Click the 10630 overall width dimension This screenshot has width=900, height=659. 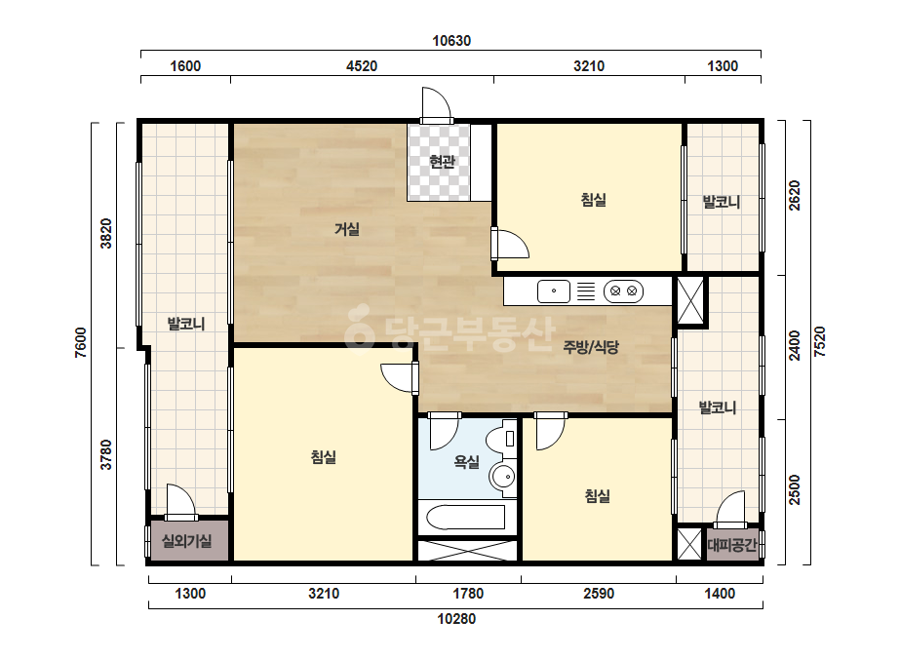(x=451, y=41)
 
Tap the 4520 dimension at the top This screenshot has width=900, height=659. (x=362, y=66)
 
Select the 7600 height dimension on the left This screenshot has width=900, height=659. (x=81, y=343)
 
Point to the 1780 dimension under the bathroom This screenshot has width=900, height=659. (x=468, y=594)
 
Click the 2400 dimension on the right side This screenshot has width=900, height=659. (x=795, y=345)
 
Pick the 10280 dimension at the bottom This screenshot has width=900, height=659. (x=456, y=619)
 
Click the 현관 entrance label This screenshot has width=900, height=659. (x=442, y=162)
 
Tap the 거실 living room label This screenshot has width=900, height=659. (x=347, y=229)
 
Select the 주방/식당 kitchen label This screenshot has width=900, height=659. (x=591, y=347)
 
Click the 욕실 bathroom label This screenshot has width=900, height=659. (x=466, y=461)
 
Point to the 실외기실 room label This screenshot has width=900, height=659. (x=186, y=541)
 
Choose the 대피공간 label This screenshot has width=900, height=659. (x=732, y=544)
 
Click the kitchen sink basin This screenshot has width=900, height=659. (x=553, y=291)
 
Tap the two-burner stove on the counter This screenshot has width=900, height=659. (x=623, y=291)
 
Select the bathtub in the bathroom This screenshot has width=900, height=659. (x=465, y=518)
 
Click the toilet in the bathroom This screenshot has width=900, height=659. (x=501, y=438)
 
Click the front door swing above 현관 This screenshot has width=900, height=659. (x=436, y=103)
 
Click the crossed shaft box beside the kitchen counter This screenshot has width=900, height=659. (x=690, y=300)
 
